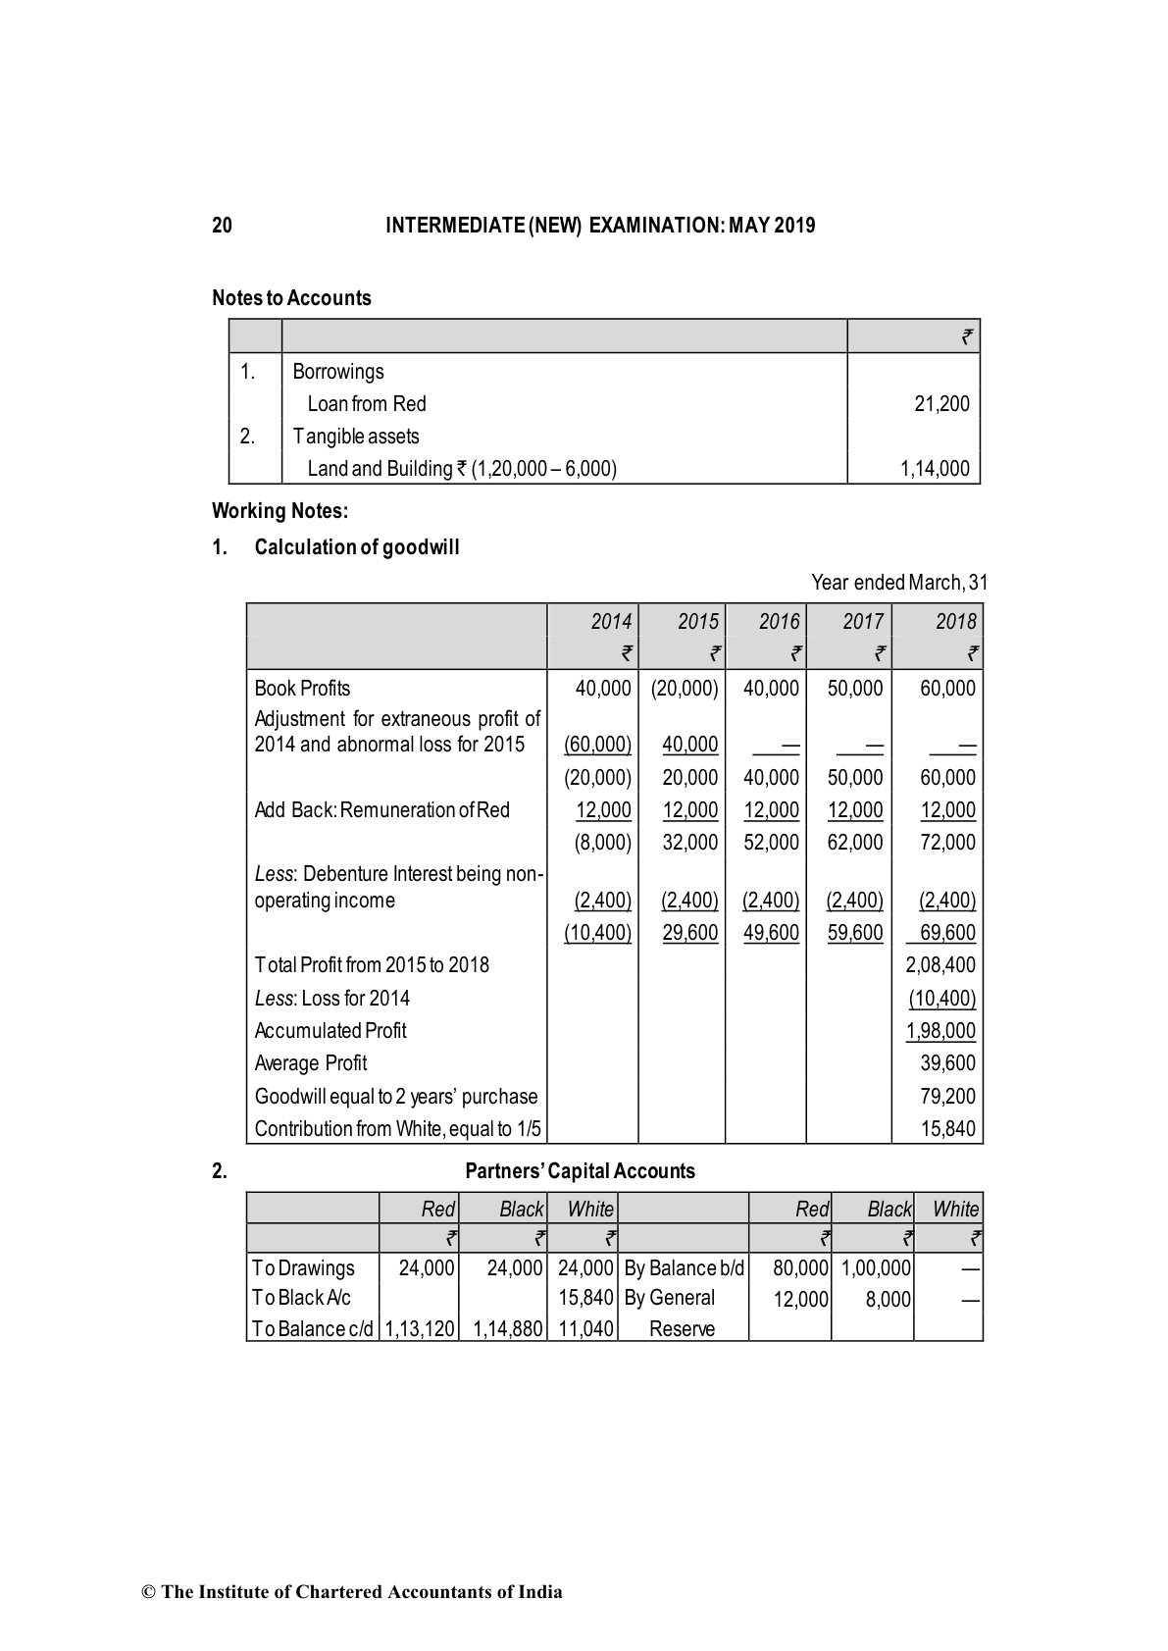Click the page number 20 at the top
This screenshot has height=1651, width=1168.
tap(222, 226)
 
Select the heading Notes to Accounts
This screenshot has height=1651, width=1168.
tap(291, 298)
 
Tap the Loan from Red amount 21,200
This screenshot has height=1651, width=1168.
tap(940, 404)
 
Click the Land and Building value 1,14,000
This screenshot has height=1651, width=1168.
tap(935, 469)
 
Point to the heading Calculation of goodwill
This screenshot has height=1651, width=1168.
tap(356, 547)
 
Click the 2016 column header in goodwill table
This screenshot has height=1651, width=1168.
tap(779, 622)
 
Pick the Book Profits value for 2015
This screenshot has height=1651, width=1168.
tap(685, 689)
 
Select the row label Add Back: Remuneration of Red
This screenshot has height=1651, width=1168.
tap(381, 810)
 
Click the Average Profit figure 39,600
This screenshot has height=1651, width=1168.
tap(947, 1063)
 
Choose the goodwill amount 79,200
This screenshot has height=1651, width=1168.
tap(947, 1097)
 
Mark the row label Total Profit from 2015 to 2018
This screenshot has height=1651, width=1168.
tap(371, 965)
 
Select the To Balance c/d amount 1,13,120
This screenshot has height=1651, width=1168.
tap(419, 1329)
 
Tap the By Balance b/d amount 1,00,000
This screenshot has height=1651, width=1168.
tap(876, 1268)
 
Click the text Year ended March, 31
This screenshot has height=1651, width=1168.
tap(898, 583)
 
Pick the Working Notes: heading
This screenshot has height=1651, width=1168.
tap(279, 511)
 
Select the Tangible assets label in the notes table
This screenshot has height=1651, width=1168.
tap(355, 437)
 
